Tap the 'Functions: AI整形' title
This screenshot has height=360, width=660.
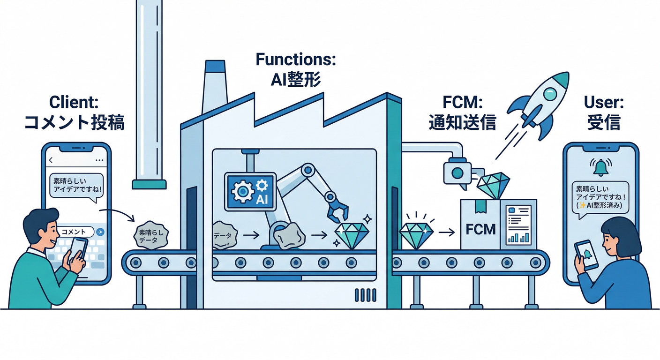pos(296,69)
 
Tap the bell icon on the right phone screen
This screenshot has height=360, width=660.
pos(600,166)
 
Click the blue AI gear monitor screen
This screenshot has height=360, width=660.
pos(248,191)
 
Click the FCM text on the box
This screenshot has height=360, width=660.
pos(480,230)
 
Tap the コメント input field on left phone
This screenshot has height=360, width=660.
pos(77,232)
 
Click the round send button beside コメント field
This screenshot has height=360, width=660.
pos(100,232)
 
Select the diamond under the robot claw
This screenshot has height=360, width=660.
pos(352,235)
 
